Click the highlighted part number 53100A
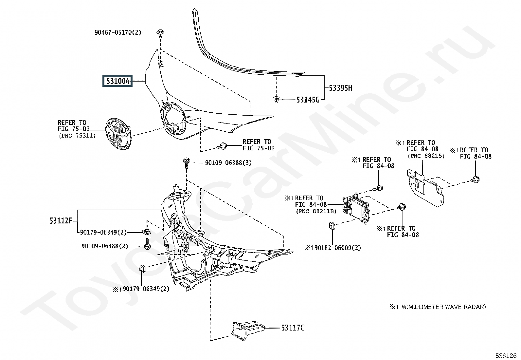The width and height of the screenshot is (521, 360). tap(117, 81)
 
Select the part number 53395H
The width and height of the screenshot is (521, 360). tap(340, 88)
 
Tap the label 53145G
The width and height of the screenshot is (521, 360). tap(308, 100)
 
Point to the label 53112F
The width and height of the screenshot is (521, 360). tap(61, 220)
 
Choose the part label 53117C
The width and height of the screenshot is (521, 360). tap(293, 328)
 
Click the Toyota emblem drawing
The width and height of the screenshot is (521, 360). tap(118, 134)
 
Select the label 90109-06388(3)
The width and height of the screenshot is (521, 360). tap(228, 163)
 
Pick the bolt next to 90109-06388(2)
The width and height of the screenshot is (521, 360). tap(147, 244)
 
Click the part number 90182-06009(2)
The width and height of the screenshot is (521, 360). tap(337, 248)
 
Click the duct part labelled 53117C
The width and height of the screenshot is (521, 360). tap(248, 331)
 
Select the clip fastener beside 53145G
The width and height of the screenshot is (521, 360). tap(276, 100)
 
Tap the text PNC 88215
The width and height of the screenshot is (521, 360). tap(426, 156)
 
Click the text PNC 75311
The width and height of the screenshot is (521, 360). tap(77, 136)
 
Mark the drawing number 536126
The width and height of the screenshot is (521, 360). tap(506, 355)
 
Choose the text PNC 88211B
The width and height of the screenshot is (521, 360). tap(316, 211)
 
